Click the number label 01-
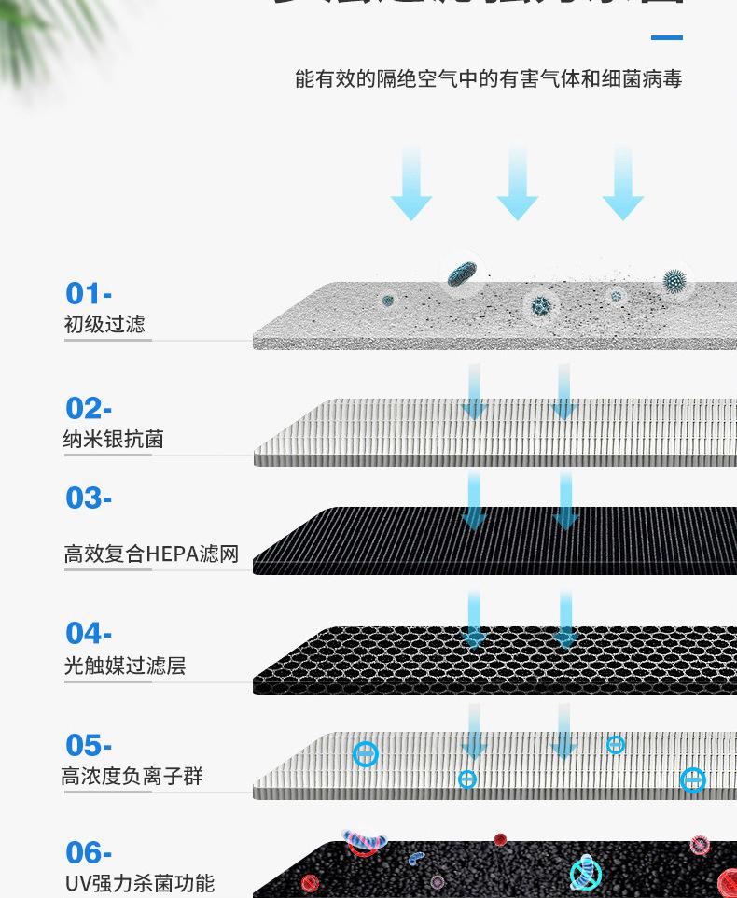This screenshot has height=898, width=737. click(89, 294)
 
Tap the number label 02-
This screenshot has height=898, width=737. click(89, 409)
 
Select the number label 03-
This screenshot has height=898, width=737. click(89, 498)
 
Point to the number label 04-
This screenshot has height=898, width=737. click(89, 634)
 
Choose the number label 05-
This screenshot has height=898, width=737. click(89, 746)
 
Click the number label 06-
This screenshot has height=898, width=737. click(89, 852)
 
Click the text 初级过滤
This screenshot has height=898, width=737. click(104, 325)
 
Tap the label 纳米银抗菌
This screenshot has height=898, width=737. click(114, 440)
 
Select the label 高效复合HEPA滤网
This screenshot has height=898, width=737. click(151, 554)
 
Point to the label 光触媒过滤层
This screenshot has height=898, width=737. click(125, 666)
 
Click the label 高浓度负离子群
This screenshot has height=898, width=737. click(132, 777)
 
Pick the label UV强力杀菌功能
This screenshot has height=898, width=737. click(139, 883)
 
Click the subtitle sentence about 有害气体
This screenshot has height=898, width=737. click(488, 79)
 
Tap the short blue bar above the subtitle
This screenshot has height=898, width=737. click(666, 38)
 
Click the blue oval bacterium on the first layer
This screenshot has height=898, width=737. click(462, 274)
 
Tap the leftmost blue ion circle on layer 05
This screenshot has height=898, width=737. click(366, 754)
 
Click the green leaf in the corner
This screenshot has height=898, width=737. click(37, 37)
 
